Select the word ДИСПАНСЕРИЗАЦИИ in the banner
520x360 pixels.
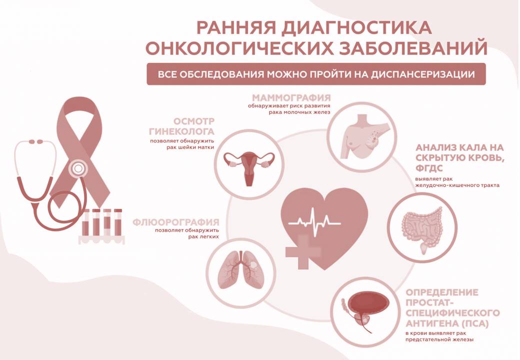[x=422, y=74]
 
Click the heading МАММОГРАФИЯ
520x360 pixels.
[x=291, y=98]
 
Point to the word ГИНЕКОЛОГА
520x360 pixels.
[x=181, y=131]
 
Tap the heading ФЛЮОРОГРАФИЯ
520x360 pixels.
[x=176, y=222]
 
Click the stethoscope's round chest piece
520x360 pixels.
[x=78, y=168]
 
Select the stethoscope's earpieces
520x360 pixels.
[x=36, y=142]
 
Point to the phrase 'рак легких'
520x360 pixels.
[x=203, y=236]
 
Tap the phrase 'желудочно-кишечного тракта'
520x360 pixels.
[x=457, y=185]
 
